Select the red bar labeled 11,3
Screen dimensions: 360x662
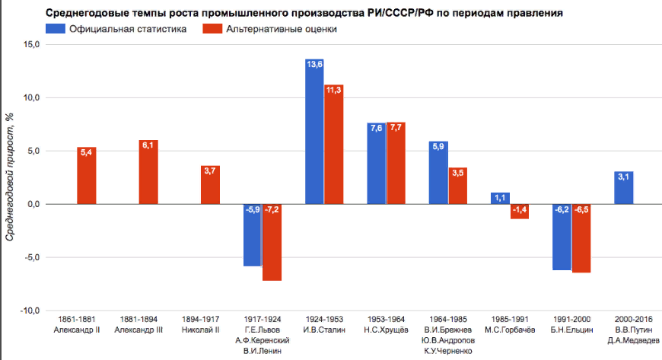coord(333,144)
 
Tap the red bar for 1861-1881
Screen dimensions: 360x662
coord(86,176)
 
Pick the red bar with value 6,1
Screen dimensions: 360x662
coord(148,172)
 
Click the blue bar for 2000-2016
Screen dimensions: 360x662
coord(624,188)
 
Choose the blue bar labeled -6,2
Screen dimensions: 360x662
coord(562,237)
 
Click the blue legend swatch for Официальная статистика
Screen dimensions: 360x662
coord(55,29)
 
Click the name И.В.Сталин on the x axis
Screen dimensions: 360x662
coord(324,330)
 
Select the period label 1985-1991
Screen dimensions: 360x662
coord(509,319)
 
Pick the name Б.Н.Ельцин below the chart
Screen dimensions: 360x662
coord(571,330)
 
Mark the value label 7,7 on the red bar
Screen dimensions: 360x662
coord(396,128)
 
